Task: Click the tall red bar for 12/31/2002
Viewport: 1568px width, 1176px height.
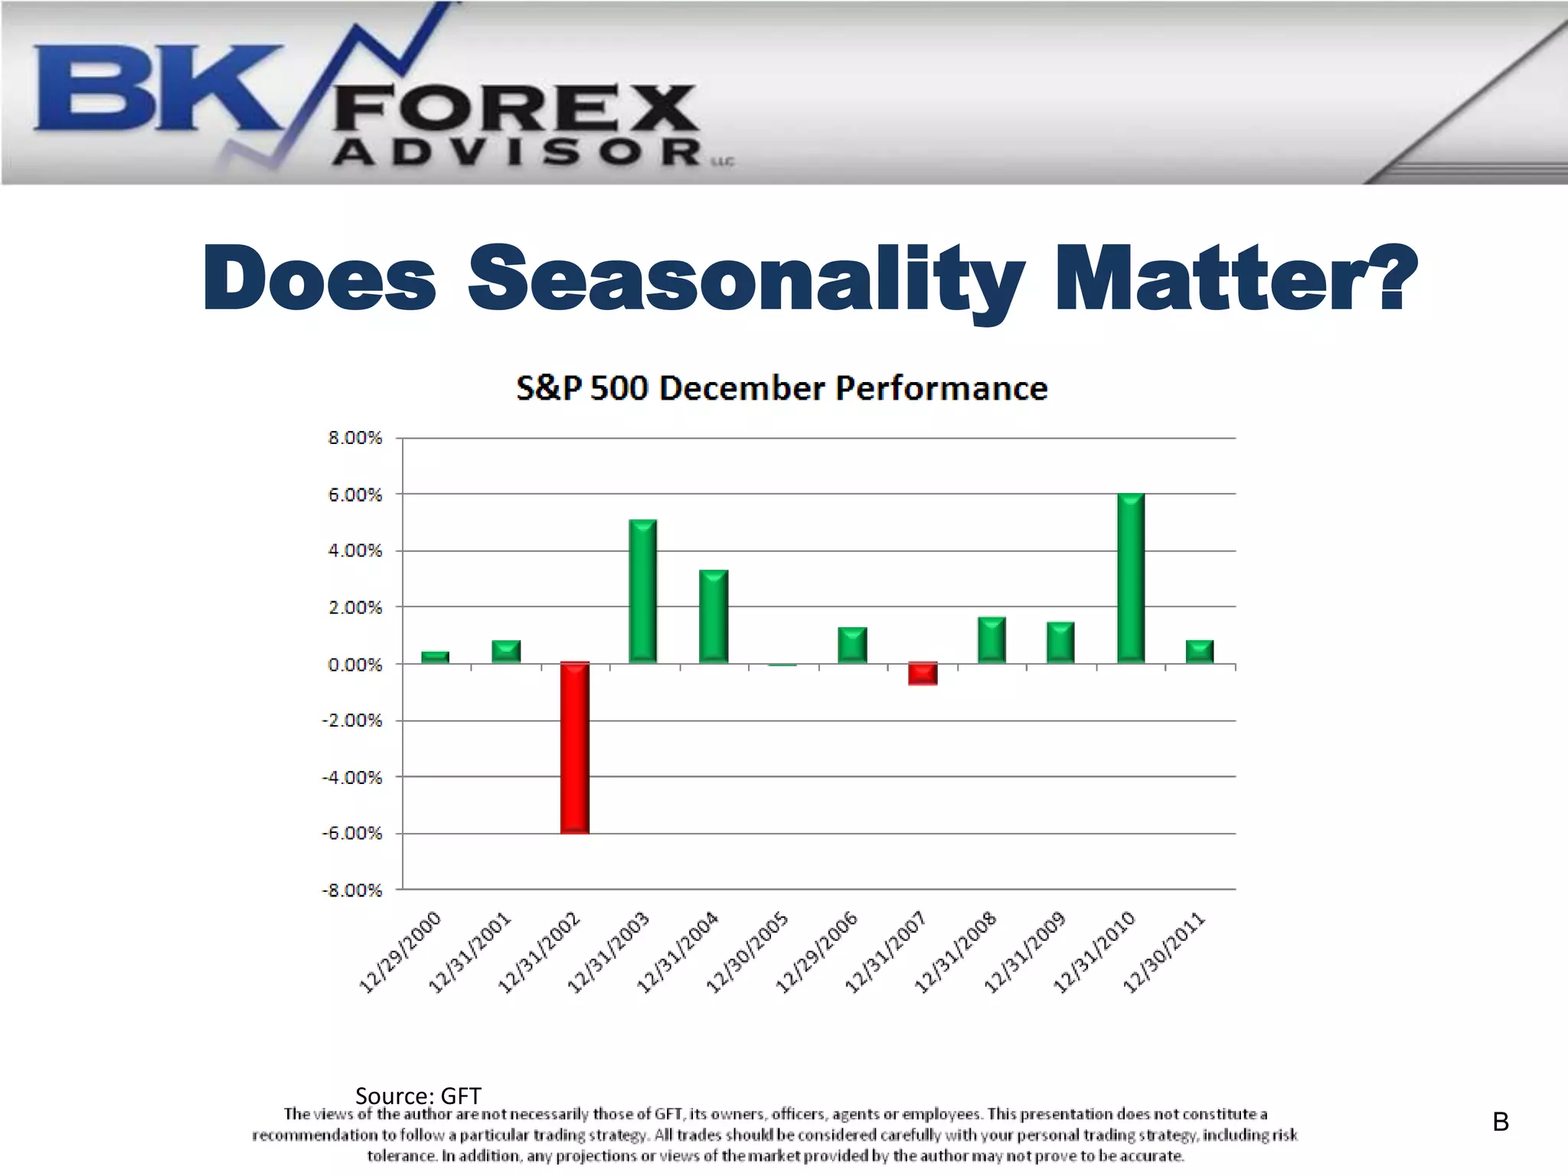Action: click(x=574, y=747)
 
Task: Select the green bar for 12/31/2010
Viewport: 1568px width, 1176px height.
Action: click(x=1131, y=579)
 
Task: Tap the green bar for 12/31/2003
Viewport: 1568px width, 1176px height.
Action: click(x=643, y=591)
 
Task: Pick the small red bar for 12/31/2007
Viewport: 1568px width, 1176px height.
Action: click(x=923, y=673)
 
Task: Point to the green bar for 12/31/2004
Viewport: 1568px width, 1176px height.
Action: click(x=714, y=616)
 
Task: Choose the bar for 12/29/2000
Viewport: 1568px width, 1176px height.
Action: click(x=435, y=657)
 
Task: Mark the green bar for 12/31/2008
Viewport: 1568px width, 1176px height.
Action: click(x=991, y=640)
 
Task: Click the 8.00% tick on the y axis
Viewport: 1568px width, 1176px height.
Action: click(x=354, y=438)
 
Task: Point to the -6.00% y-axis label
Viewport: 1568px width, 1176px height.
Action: click(x=351, y=833)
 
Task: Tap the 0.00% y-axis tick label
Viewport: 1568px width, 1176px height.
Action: click(x=354, y=665)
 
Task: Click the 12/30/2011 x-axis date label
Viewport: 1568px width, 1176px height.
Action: click(x=1165, y=953)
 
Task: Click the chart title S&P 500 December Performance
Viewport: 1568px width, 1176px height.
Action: click(x=782, y=388)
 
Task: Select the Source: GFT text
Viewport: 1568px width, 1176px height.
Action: click(x=418, y=1096)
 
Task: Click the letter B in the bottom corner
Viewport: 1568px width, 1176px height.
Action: click(x=1501, y=1122)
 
